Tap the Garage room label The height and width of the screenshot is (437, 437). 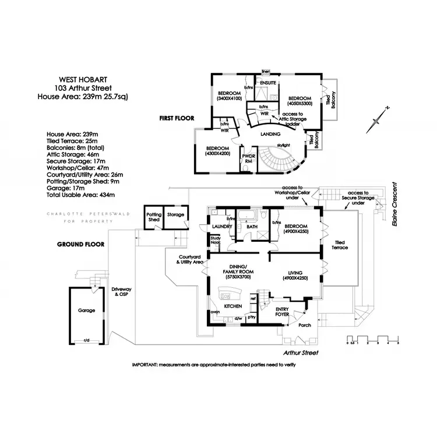click(86, 311)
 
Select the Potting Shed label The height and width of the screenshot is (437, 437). click(154, 217)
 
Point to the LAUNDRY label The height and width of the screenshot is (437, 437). click(222, 227)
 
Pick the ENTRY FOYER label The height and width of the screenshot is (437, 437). click(282, 312)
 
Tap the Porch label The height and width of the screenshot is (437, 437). click(305, 325)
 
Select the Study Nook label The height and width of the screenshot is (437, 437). click(216, 241)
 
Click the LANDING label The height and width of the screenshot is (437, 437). click(270, 134)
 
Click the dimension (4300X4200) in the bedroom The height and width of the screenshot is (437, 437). click(217, 155)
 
